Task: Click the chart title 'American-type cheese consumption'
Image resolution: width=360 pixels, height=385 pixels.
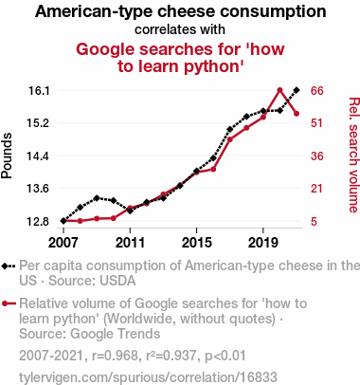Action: click(x=180, y=11)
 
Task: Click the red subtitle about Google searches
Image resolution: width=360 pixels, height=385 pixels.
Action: click(x=180, y=57)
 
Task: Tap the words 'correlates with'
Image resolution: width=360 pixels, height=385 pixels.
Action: click(x=180, y=29)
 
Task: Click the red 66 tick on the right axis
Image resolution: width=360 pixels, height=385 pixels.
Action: click(x=318, y=90)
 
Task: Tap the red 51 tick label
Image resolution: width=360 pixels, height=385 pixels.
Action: click(x=318, y=123)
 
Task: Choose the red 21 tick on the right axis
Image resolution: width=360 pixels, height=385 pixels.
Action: click(x=318, y=188)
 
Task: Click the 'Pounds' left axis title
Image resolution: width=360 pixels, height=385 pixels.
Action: click(x=9, y=156)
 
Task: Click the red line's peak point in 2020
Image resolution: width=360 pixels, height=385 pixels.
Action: click(x=280, y=90)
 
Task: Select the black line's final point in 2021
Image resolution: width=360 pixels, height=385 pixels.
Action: click(x=297, y=90)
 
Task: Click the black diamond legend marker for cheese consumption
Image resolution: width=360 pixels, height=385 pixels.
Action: click(x=9, y=267)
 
